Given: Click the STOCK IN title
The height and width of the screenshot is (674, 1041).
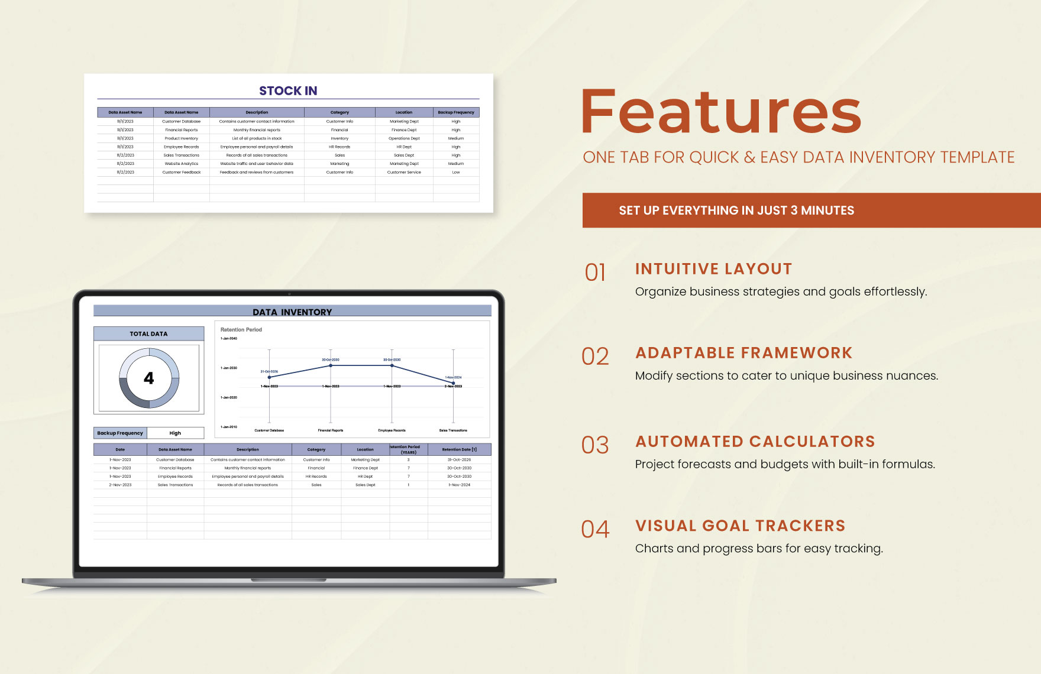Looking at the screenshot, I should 288,91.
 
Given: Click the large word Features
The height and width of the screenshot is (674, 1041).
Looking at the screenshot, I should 721,112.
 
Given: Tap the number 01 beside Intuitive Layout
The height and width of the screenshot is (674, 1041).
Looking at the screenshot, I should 595,273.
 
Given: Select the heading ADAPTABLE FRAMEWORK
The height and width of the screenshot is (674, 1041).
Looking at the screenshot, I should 743,353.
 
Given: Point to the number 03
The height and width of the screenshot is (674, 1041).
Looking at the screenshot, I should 595,445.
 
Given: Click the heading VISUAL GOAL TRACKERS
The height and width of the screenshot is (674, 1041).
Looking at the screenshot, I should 740,526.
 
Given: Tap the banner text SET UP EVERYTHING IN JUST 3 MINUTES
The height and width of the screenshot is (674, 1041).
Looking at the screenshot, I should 736,210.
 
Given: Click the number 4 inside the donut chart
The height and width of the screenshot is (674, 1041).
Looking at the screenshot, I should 149,378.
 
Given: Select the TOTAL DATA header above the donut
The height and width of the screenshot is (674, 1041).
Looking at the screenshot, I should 148,334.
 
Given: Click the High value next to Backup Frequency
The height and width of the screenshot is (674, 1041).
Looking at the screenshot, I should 175,433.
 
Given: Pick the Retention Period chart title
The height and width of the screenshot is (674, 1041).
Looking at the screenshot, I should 241,330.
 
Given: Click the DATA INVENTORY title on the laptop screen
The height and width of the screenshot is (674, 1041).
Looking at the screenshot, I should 292,312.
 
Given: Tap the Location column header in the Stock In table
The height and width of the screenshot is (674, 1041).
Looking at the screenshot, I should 404,112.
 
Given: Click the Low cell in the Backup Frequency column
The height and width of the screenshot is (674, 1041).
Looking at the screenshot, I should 456,173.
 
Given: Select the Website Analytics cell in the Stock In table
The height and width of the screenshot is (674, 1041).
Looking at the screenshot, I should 182,164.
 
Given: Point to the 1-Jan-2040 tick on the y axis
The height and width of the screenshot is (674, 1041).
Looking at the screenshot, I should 229,339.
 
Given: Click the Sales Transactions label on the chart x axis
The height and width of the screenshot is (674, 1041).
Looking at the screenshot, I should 453,430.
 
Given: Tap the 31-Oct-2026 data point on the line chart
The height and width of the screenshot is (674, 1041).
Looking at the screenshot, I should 270,377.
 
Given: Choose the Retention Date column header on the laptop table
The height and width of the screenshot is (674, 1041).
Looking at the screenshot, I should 459,450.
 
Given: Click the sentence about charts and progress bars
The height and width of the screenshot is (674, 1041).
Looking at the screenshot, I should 759,549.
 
